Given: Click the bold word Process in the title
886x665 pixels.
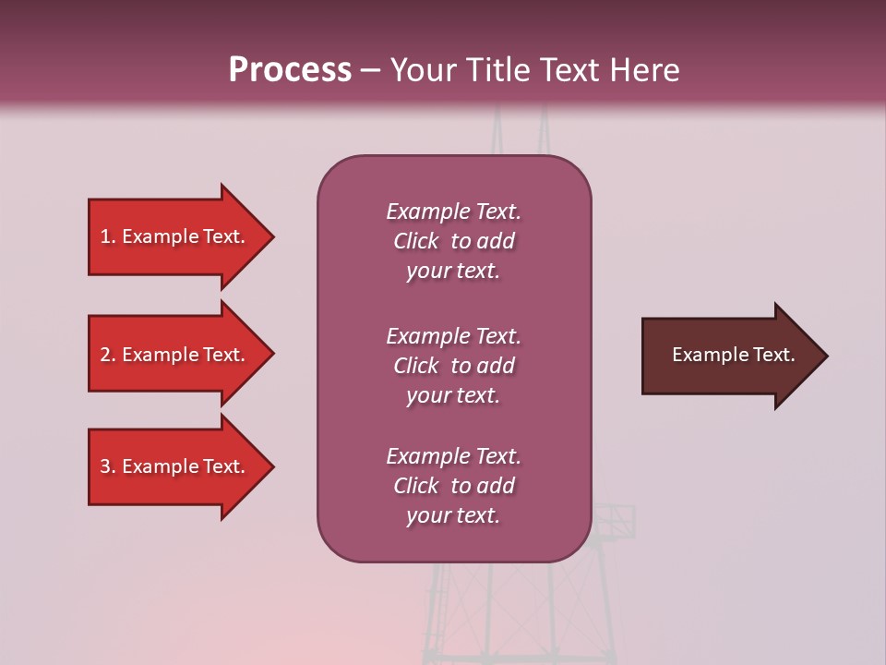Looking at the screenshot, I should pos(290,70).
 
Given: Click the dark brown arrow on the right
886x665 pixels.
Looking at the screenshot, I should pos(729,356).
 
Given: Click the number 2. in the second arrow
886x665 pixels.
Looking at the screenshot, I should pos(108,356).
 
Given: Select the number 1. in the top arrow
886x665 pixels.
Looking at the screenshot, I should pos(108,237).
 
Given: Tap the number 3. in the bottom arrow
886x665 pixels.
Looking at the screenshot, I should pos(108,467).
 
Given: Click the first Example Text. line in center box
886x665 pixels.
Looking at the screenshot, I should pos(453,212).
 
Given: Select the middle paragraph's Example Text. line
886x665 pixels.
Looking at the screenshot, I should pos(453,336).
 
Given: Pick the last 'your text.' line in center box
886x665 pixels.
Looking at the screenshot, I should pos(453,516).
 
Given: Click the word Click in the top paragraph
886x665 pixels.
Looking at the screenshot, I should pos(416,242).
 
